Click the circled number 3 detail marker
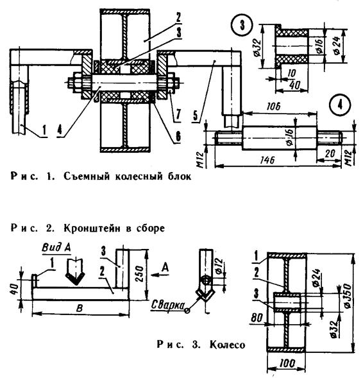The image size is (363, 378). click(x=242, y=25)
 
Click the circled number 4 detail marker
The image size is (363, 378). click(x=340, y=104)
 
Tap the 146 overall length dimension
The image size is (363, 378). click(x=267, y=160)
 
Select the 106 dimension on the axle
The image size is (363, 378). click(x=274, y=106)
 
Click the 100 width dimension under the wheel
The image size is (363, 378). click(x=287, y=363)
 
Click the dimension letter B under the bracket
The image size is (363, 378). click(x=80, y=308)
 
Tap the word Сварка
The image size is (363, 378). click(x=167, y=305)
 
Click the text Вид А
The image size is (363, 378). click(x=56, y=248)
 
